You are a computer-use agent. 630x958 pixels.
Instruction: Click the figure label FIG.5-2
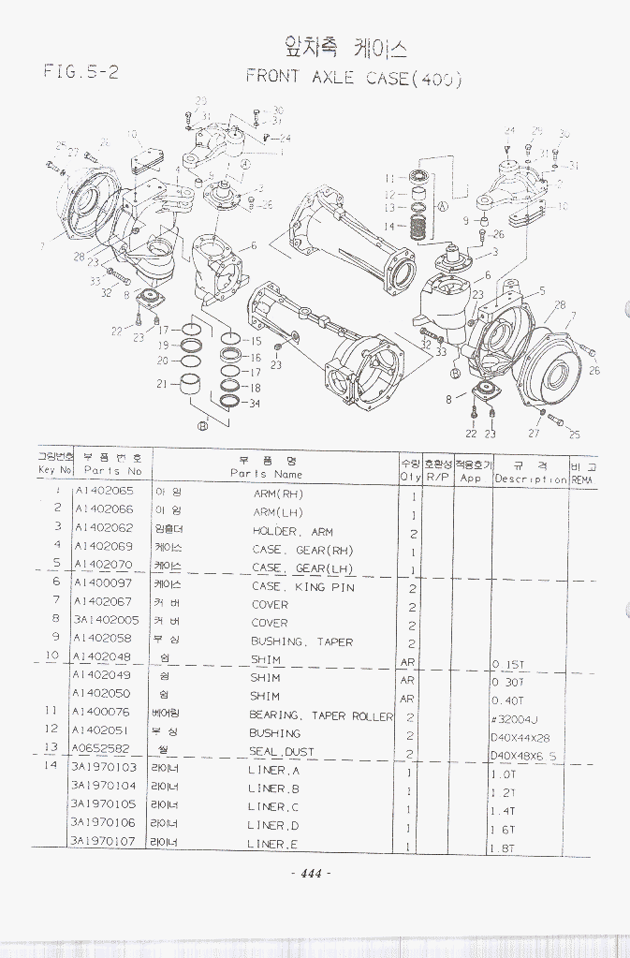(x=81, y=71)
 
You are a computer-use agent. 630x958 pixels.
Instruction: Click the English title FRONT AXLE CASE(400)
(x=354, y=78)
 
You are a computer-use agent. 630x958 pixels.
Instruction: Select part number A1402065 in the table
(x=103, y=492)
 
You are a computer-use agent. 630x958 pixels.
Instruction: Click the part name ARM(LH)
(x=278, y=511)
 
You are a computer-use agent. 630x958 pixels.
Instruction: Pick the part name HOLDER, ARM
(x=292, y=531)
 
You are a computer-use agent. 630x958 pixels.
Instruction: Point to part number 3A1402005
(x=105, y=620)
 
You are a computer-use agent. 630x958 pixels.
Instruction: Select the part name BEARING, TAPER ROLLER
(x=321, y=715)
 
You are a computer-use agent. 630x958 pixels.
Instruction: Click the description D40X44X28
(x=520, y=737)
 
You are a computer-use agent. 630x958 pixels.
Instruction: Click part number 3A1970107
(x=103, y=840)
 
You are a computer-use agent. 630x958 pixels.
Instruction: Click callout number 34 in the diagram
(x=254, y=404)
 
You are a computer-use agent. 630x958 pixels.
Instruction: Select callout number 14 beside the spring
(x=388, y=226)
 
